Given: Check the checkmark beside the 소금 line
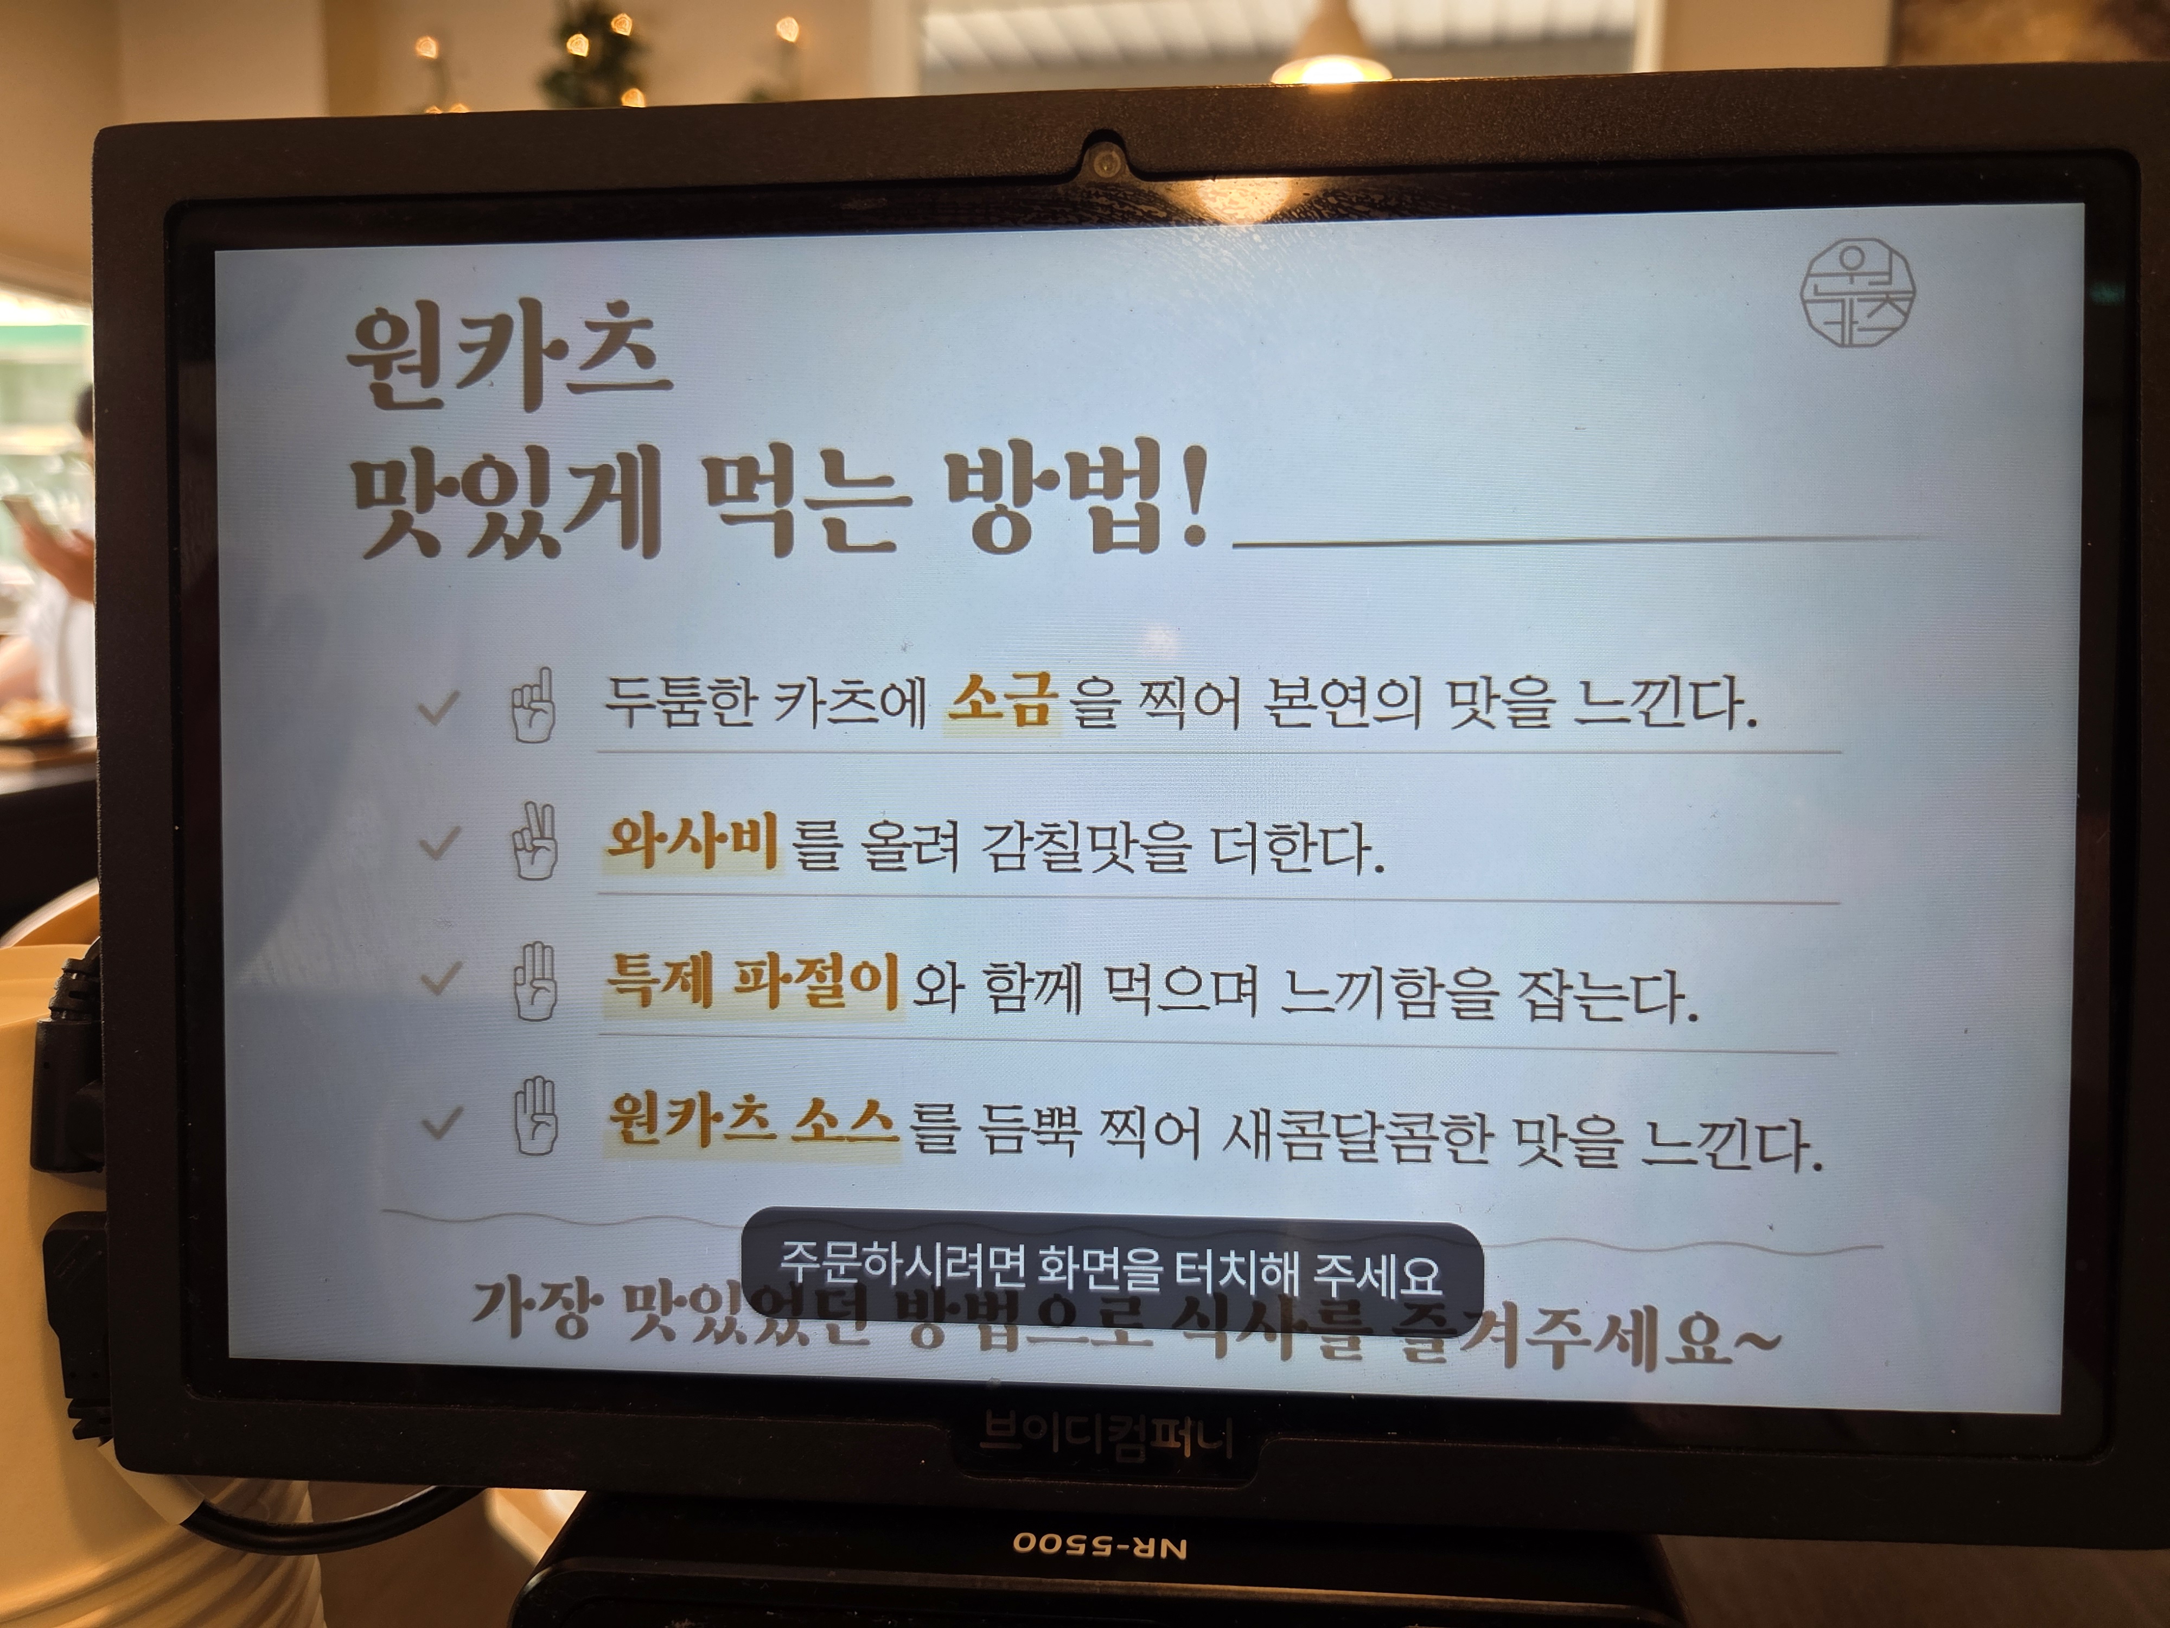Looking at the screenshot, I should (x=438, y=707).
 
